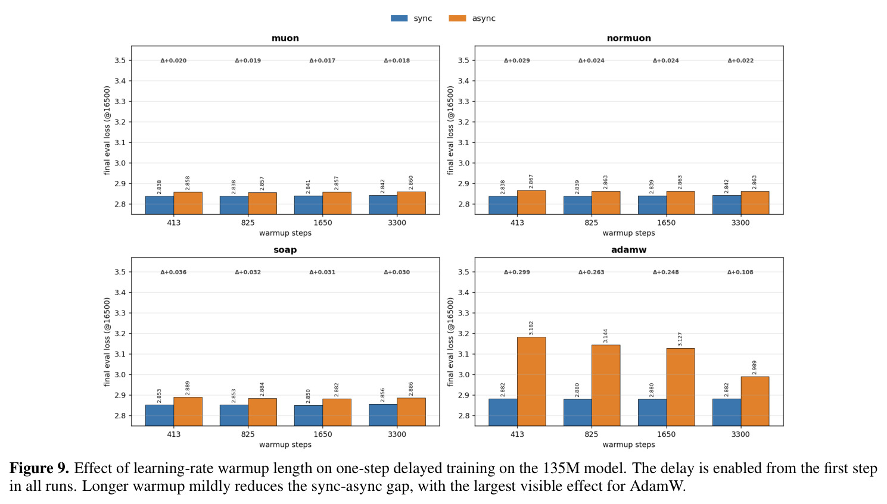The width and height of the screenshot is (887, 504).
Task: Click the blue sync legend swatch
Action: (399, 18)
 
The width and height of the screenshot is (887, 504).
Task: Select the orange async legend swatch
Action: (457, 18)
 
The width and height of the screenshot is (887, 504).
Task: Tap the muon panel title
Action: (285, 38)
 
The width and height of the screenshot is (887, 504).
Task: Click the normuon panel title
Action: (629, 38)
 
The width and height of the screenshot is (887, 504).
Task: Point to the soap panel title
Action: (285, 250)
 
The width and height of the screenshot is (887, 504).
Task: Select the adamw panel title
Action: (629, 250)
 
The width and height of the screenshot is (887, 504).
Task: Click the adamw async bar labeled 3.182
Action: (531, 381)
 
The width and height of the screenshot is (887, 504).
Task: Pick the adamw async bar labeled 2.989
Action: (755, 401)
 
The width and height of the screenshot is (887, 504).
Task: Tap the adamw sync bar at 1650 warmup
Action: (652, 412)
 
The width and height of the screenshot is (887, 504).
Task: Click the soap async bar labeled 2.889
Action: (188, 411)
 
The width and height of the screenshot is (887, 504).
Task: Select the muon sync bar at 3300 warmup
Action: (383, 205)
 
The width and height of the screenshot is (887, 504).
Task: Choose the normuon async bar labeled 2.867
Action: (531, 202)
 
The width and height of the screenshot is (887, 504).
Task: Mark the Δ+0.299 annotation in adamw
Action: (516, 272)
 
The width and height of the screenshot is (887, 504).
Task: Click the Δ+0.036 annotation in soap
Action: (173, 272)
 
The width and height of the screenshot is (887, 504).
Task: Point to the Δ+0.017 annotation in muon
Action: (322, 61)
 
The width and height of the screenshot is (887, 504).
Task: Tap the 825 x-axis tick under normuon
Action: (591, 223)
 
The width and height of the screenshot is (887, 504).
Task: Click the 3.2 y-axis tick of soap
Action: (120, 333)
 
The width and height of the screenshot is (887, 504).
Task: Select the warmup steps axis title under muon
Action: (285, 233)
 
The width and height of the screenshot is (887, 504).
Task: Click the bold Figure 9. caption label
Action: (39, 468)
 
